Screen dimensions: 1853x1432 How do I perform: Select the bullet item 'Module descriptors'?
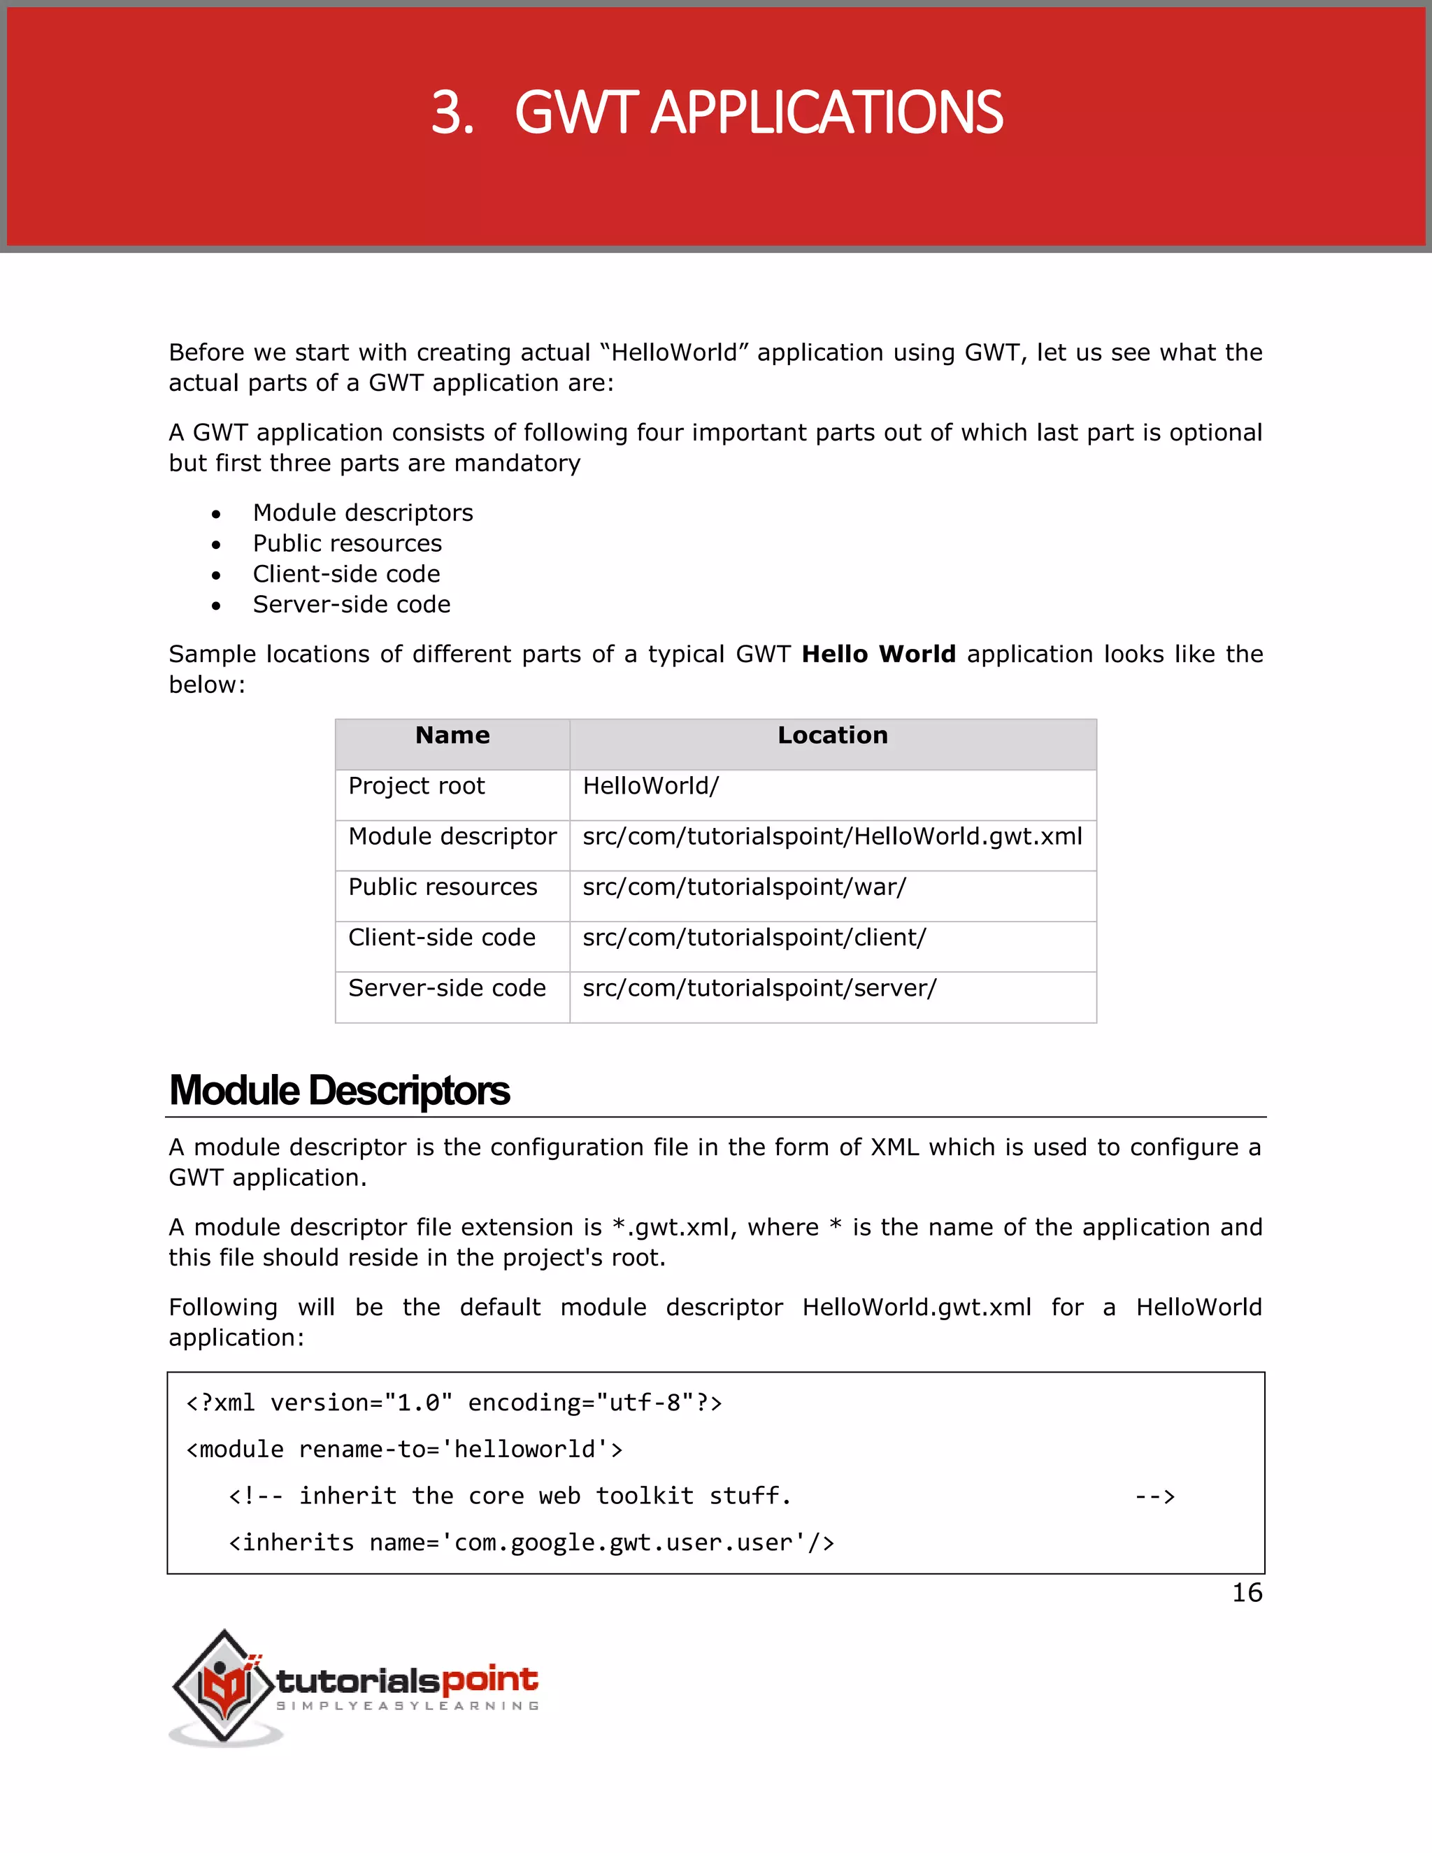click(362, 513)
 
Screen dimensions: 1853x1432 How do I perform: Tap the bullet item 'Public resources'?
click(347, 543)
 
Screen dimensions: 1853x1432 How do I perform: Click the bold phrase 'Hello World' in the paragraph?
click(878, 654)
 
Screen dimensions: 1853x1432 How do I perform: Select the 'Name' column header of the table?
click(452, 736)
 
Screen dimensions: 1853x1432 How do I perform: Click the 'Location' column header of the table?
click(832, 736)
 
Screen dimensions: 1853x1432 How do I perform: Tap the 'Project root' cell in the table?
click(417, 786)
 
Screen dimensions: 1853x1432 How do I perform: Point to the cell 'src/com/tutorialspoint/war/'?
click(744, 887)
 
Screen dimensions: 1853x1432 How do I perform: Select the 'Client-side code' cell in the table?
click(442, 938)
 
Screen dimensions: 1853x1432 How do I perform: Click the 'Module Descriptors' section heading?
click(339, 1091)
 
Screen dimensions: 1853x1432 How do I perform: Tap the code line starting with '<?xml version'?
click(454, 1403)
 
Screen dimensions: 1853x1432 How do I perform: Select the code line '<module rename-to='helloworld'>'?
click(405, 1450)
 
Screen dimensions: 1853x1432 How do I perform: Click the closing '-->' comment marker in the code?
click(1154, 1496)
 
